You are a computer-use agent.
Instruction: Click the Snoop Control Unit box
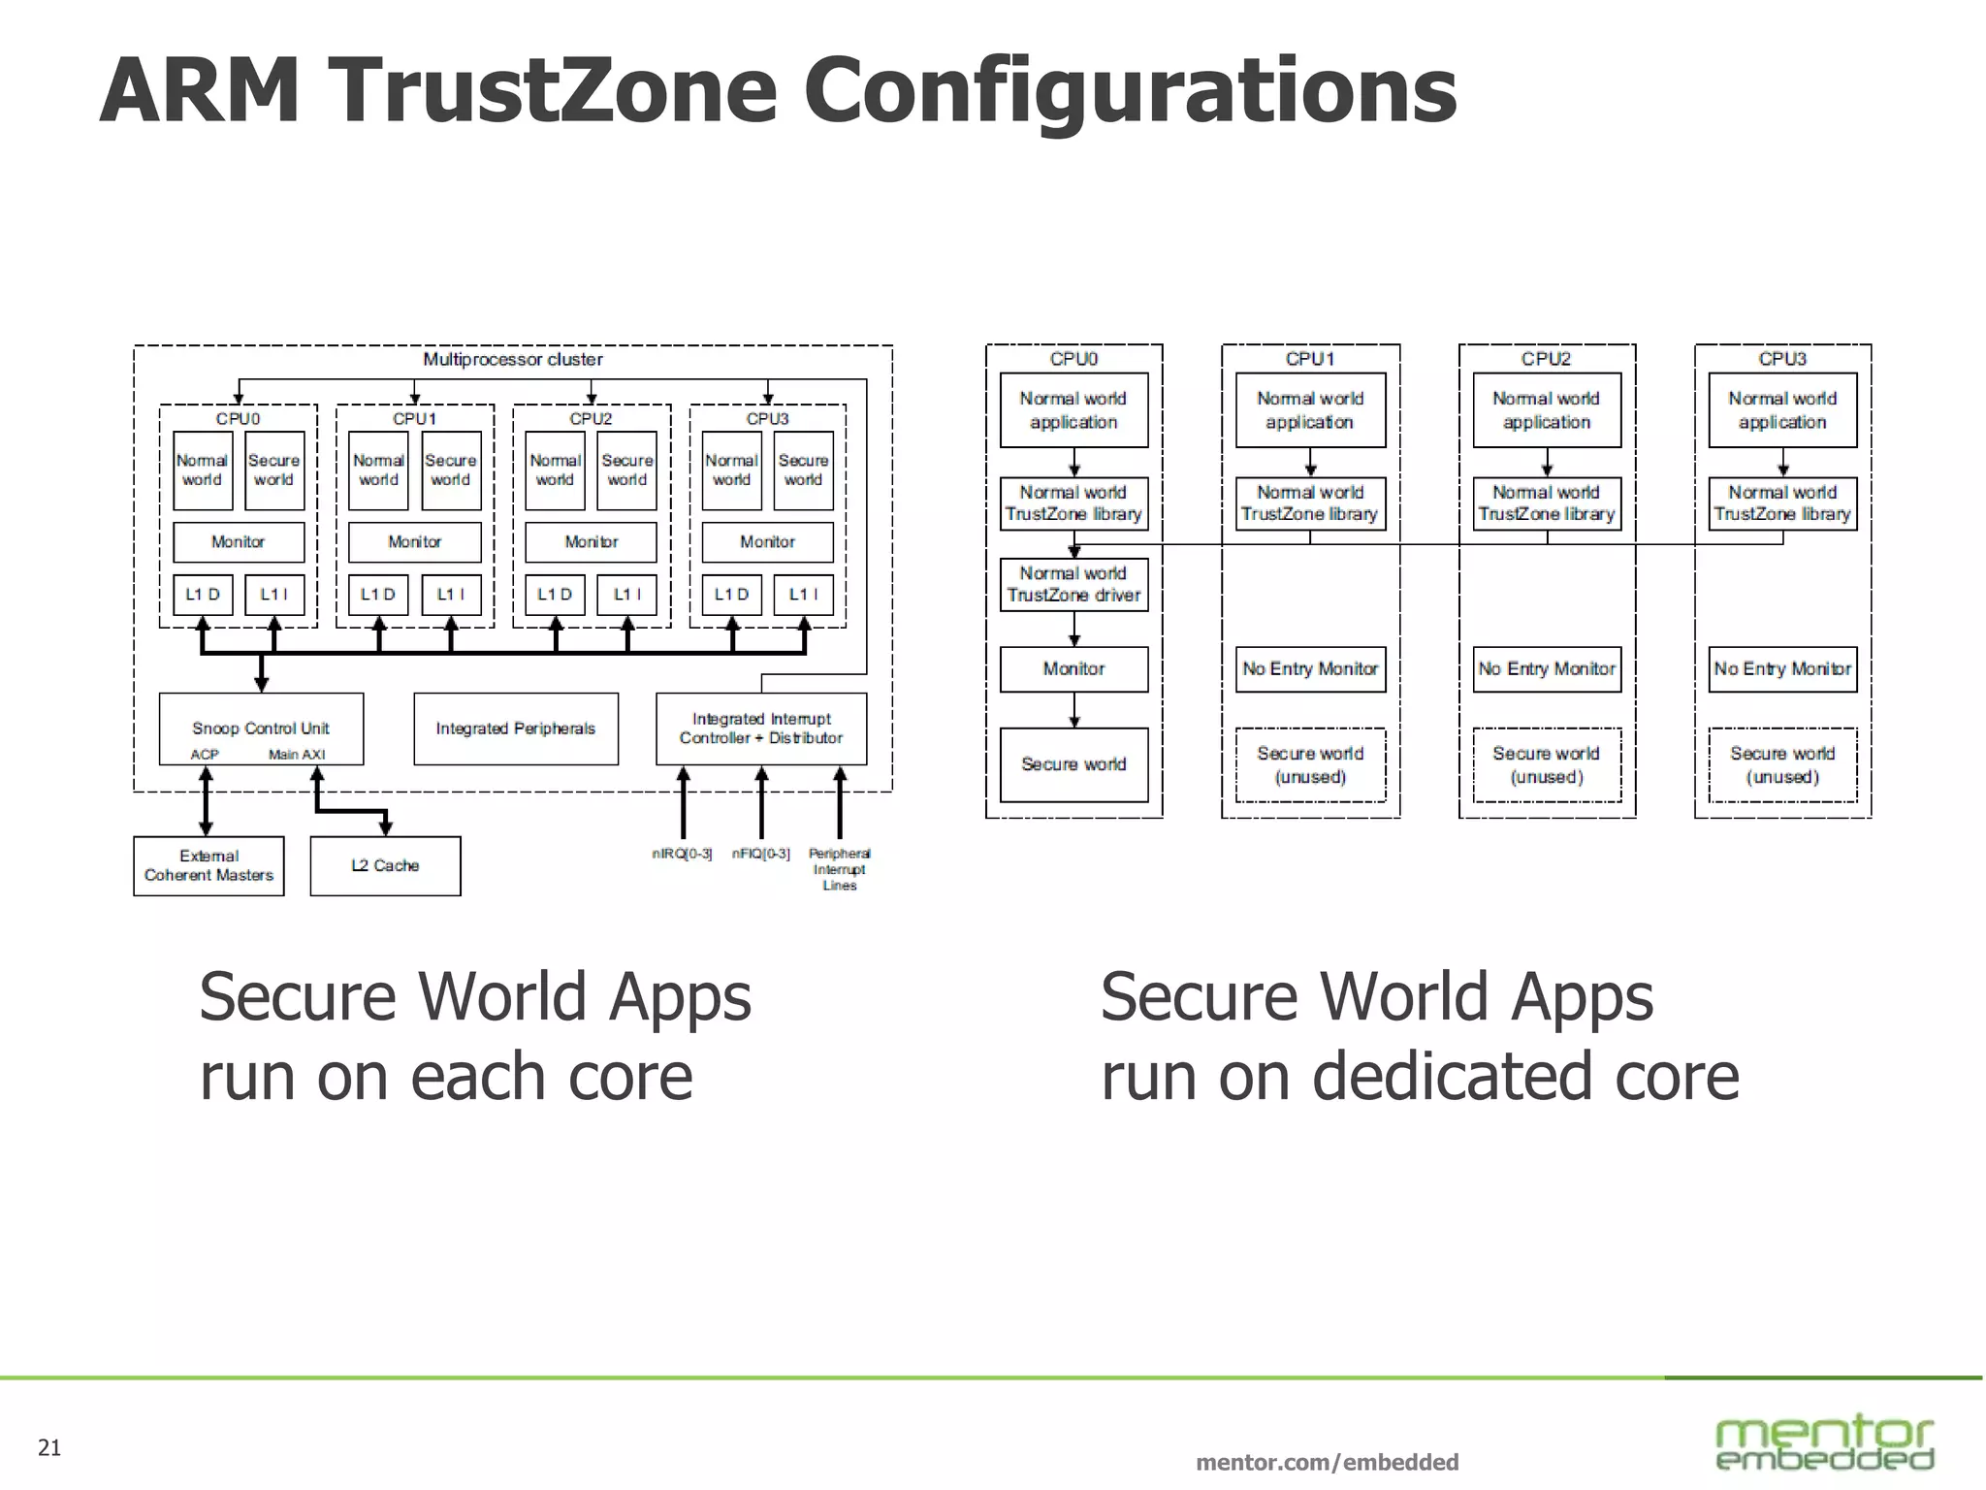coord(261,729)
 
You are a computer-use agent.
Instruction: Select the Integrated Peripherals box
coord(515,729)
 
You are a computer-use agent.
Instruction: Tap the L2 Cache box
coord(385,865)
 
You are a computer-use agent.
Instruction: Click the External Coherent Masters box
coord(208,865)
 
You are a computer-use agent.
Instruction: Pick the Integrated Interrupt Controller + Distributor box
coord(761,729)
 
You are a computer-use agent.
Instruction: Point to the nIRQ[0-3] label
coord(682,854)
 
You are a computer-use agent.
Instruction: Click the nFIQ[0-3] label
coord(761,854)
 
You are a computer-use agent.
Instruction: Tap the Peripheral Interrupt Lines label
coord(840,869)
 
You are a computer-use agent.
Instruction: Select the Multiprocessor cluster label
coord(512,360)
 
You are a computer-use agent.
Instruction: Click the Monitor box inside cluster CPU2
coord(591,542)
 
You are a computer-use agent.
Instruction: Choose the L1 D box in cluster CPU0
coord(203,595)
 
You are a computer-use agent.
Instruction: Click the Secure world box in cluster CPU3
coord(803,470)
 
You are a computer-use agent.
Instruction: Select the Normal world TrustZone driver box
coord(1073,584)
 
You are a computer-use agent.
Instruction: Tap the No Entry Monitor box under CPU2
coord(1547,668)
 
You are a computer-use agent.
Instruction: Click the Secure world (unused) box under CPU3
coord(1782,764)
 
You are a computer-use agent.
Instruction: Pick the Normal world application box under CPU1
coord(1310,410)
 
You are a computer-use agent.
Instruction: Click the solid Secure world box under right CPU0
coord(1073,764)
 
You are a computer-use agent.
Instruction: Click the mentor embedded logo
coord(1824,1443)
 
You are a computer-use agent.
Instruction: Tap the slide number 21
coord(49,1447)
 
